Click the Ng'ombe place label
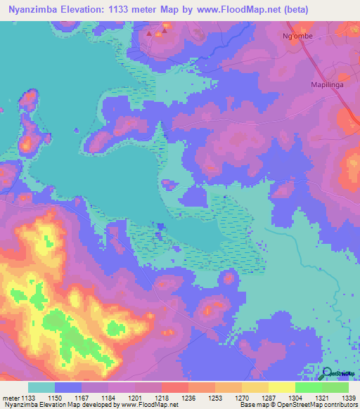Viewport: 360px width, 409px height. point(297,34)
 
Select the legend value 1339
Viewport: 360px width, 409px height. point(349,398)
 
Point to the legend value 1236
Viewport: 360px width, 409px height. point(188,398)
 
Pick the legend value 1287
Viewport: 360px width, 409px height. point(269,398)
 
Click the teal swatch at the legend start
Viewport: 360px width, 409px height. point(41,387)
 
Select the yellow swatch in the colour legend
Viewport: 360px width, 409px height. point(282,387)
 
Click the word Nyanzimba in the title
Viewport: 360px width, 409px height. point(35,10)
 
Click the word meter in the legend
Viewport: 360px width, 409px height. point(10,398)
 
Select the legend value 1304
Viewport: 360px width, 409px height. point(295,398)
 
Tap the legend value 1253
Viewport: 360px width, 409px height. point(215,398)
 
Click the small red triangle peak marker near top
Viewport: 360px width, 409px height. point(149,32)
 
